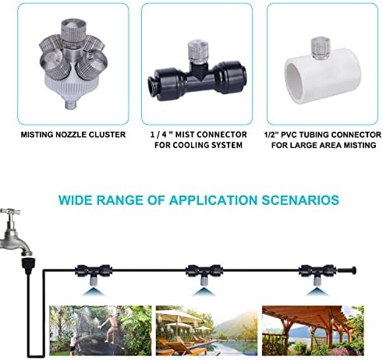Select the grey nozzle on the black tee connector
[x=197, y=51]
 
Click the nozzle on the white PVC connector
[x=321, y=48]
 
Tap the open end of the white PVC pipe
[x=295, y=83]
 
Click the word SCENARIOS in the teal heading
[x=300, y=200]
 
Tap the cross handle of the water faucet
[x=10, y=211]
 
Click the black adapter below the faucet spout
[x=27, y=265]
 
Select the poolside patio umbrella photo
[x=207, y=330]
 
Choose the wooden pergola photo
[x=313, y=330]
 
